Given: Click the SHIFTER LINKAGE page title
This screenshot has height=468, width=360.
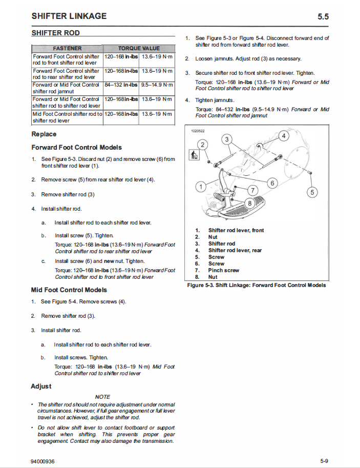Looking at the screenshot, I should coord(69,16).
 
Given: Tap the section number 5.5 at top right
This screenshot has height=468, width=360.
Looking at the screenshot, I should coord(323,16).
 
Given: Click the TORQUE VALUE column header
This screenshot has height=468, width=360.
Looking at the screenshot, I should coord(139,48).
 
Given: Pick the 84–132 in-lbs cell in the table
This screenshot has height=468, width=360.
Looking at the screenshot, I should coord(121,85).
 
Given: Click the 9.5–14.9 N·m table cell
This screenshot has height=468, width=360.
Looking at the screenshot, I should coord(157,85).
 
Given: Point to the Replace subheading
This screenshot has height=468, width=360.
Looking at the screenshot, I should coord(44,134).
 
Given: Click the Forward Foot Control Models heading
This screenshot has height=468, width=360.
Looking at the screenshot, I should coord(76,148).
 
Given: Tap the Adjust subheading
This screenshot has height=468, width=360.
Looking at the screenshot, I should coord(41,386).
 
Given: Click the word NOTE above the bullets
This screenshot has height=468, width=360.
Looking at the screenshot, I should coord(102,397).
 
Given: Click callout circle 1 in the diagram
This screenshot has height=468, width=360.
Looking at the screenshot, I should coord(201,186).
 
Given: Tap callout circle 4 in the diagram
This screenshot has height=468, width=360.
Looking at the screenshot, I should coord(285,136).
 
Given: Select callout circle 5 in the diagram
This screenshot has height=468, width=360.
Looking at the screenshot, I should coord(311,193).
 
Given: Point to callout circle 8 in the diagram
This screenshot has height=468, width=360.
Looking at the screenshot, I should coord(250,202).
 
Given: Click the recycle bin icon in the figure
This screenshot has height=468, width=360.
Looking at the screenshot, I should coord(194,154).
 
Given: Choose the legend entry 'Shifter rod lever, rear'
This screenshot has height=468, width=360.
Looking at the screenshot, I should coord(235,250).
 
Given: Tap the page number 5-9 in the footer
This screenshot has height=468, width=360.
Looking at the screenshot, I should coord(324,461).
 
